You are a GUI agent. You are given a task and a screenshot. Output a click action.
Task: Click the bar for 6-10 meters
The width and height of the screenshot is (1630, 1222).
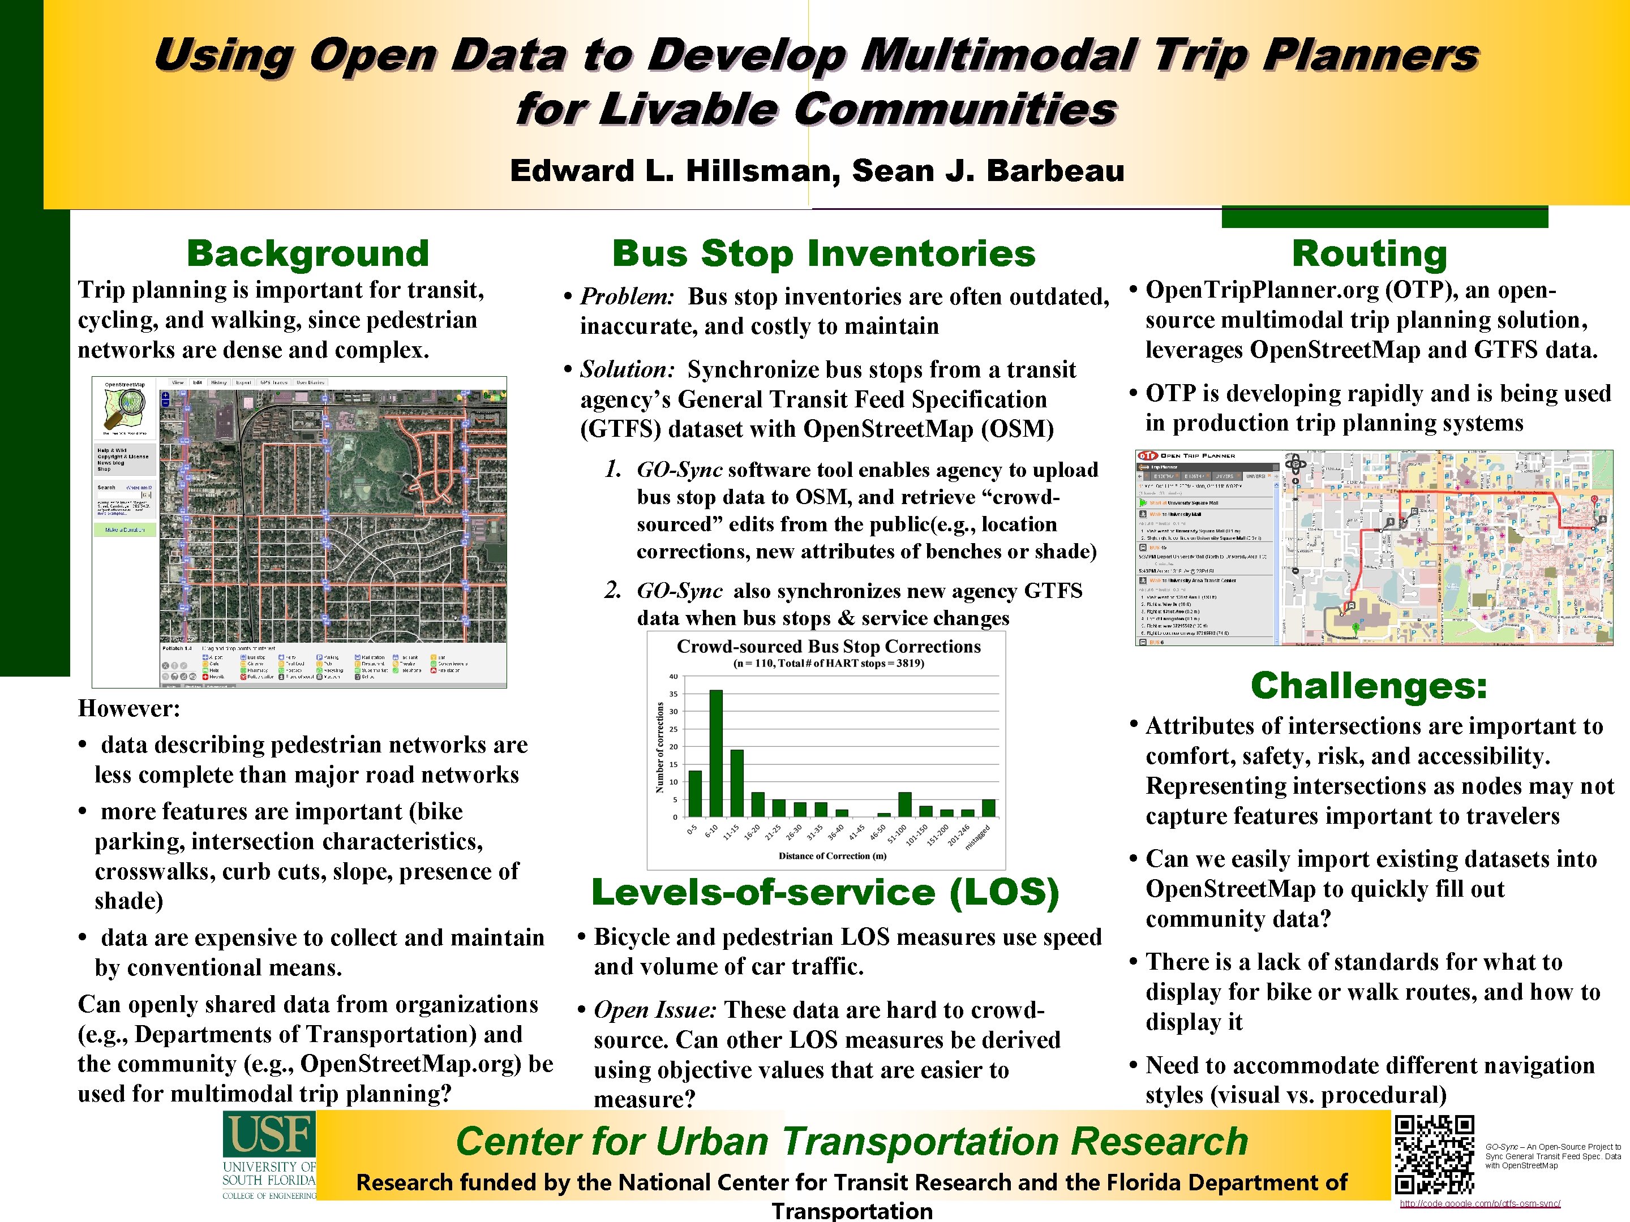click(715, 753)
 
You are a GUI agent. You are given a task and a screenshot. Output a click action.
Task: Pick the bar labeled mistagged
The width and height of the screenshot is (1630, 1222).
click(989, 808)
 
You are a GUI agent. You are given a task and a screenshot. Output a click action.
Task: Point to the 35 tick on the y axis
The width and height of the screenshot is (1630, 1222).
click(673, 694)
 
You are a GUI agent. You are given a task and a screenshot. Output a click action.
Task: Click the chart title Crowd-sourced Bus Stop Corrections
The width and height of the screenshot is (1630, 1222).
click(828, 647)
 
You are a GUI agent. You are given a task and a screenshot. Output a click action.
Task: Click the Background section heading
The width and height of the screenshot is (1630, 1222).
click(307, 253)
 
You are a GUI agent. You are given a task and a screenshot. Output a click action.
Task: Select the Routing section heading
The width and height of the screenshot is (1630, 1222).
click(1369, 253)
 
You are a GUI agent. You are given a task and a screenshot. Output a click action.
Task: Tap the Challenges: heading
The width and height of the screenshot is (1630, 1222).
click(1369, 686)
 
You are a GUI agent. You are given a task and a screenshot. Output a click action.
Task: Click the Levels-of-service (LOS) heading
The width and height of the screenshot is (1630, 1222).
click(825, 892)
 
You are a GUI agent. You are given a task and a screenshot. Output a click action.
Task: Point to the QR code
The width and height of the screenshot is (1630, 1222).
click(1434, 1154)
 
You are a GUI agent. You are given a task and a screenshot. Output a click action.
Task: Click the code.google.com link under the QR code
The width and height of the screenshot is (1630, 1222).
click(1479, 1203)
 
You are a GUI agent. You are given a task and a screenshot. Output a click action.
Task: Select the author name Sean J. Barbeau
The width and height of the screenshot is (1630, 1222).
click(988, 171)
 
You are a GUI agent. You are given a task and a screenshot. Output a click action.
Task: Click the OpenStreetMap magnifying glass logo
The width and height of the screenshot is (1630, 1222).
click(125, 407)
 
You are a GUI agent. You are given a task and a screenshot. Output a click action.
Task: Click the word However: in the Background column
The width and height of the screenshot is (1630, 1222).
click(129, 709)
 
